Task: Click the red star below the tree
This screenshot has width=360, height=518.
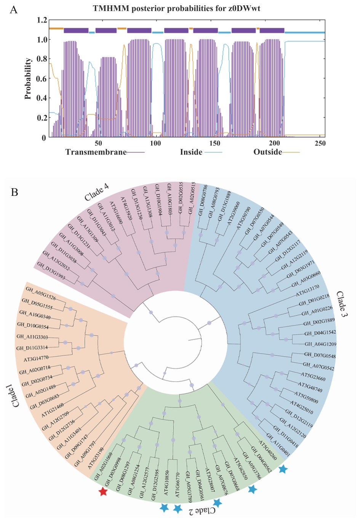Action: tap(103, 492)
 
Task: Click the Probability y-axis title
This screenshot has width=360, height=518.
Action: tap(28, 78)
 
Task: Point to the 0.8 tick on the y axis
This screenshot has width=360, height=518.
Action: tap(42, 59)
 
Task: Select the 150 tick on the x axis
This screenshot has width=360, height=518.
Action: tap(214, 143)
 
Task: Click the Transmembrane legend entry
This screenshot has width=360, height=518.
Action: tap(96, 152)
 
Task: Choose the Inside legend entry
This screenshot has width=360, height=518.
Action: tap(191, 152)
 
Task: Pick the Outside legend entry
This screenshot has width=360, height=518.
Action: tap(268, 152)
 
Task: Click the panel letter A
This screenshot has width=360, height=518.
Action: tap(13, 10)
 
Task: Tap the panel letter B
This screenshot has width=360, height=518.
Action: tap(14, 192)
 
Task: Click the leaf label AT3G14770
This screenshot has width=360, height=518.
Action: tap(36, 358)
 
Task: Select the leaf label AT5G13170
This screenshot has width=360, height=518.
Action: tap(308, 291)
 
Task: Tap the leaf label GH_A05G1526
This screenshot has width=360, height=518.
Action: tap(41, 294)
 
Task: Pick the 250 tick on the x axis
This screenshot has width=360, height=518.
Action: tap(320, 143)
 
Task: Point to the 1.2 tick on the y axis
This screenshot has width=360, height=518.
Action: tap(42, 20)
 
